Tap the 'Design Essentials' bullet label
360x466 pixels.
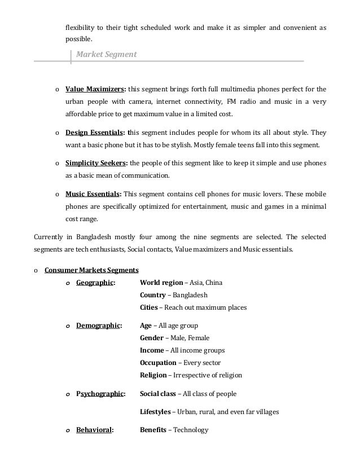[x=94, y=133]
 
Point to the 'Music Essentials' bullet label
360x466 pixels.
[x=93, y=194]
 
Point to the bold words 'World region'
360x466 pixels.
[x=161, y=282]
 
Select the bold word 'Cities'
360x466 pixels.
[x=149, y=308]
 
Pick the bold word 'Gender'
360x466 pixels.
[x=151, y=338]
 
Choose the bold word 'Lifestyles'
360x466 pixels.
[x=155, y=412]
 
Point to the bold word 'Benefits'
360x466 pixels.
[x=153, y=430]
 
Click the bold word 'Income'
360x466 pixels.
[x=152, y=350]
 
